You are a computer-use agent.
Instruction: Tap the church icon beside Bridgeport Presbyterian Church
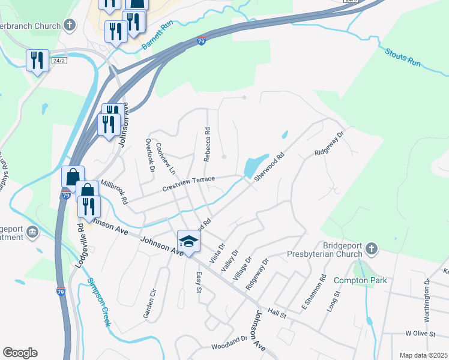[x=372, y=248]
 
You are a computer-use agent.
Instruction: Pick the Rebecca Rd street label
[x=206, y=143]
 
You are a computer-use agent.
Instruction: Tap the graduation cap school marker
[x=188, y=242]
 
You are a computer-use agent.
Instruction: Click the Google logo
[x=20, y=353]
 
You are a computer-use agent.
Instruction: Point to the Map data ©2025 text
[x=423, y=355]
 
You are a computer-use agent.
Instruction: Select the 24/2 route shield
[x=58, y=61]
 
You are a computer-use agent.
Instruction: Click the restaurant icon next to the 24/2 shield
[x=37, y=61]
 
